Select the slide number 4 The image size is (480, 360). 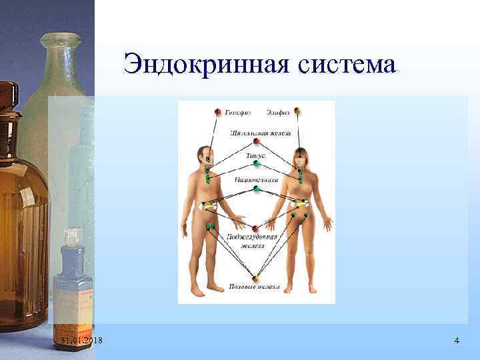456,341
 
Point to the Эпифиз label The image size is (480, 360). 277,112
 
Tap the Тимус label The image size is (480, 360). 256,155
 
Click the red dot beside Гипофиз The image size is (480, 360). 217,111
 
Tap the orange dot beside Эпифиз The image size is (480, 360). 297,111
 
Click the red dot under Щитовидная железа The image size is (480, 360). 255,141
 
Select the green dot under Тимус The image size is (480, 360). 256,164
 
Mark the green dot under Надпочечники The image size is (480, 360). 256,189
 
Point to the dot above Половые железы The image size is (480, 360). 255,278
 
